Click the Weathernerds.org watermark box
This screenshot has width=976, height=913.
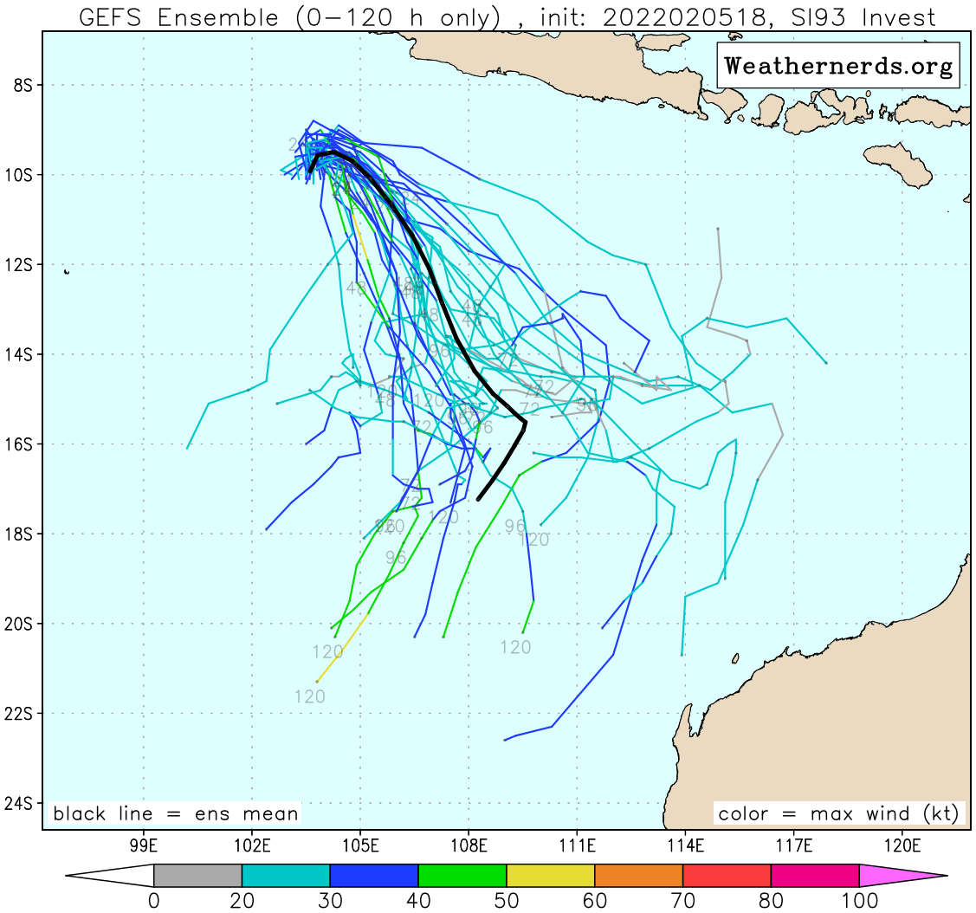(x=837, y=65)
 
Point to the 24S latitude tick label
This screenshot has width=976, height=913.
(x=18, y=803)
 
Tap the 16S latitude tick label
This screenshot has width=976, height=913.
(x=18, y=444)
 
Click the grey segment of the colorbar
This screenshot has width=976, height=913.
(x=197, y=876)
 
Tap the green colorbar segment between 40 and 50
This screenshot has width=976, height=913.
(x=462, y=876)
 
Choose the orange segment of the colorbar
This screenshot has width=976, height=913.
(x=638, y=876)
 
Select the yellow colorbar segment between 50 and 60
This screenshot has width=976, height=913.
(x=550, y=876)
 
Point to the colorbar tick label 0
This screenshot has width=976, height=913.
(x=154, y=901)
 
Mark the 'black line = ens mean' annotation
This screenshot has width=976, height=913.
(x=176, y=814)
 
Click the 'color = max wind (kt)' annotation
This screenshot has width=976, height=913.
(x=838, y=814)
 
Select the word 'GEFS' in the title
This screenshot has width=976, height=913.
(x=108, y=17)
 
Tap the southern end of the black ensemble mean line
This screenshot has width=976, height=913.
(x=478, y=499)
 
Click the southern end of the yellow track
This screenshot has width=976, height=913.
(x=317, y=682)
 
